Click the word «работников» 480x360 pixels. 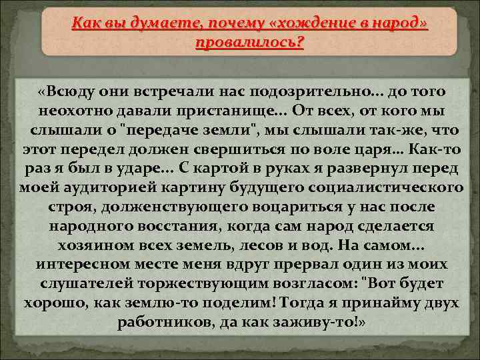157,323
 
